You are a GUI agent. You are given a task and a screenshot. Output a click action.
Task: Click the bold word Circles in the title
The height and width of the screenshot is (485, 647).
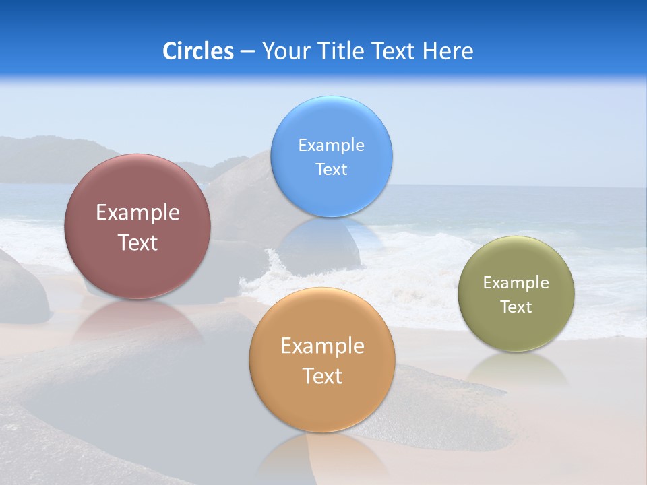[197, 51]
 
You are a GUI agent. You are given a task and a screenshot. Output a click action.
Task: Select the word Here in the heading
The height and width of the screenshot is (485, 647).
[448, 51]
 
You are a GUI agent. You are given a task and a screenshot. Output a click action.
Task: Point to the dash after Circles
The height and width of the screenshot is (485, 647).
[247, 52]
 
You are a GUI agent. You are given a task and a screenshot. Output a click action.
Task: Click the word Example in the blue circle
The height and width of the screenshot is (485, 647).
[331, 145]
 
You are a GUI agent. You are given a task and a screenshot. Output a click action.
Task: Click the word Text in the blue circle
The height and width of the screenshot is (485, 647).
[331, 170]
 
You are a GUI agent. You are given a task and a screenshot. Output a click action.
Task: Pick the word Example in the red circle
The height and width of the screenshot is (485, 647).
[137, 213]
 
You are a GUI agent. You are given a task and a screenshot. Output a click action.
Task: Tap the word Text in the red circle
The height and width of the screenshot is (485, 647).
[137, 243]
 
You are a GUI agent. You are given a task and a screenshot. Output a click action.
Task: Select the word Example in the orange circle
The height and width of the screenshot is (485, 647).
[322, 346]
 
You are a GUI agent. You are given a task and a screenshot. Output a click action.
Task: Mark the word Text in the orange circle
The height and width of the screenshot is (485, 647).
[322, 376]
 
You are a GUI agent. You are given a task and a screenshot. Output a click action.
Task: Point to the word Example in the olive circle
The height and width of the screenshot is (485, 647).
[516, 283]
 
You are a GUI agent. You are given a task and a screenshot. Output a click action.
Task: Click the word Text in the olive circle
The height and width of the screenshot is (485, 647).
[516, 307]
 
